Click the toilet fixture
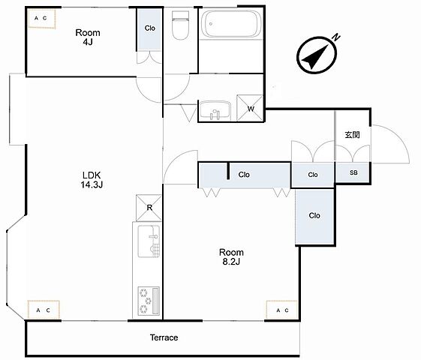point(180,25)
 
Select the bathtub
point(231,24)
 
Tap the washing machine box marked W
point(250,108)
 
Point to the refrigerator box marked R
point(149,208)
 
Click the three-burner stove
point(149,301)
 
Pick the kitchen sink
point(149,241)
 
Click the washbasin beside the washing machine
point(215,110)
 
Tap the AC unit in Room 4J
point(41,19)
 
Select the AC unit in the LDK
point(44,309)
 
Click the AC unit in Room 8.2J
point(282,310)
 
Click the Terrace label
point(164,337)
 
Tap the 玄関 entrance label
point(352,135)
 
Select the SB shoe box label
point(353,172)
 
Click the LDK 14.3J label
point(92,180)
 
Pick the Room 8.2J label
point(231,256)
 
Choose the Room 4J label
point(88,37)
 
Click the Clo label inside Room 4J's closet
point(150,28)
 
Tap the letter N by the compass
point(336,37)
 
